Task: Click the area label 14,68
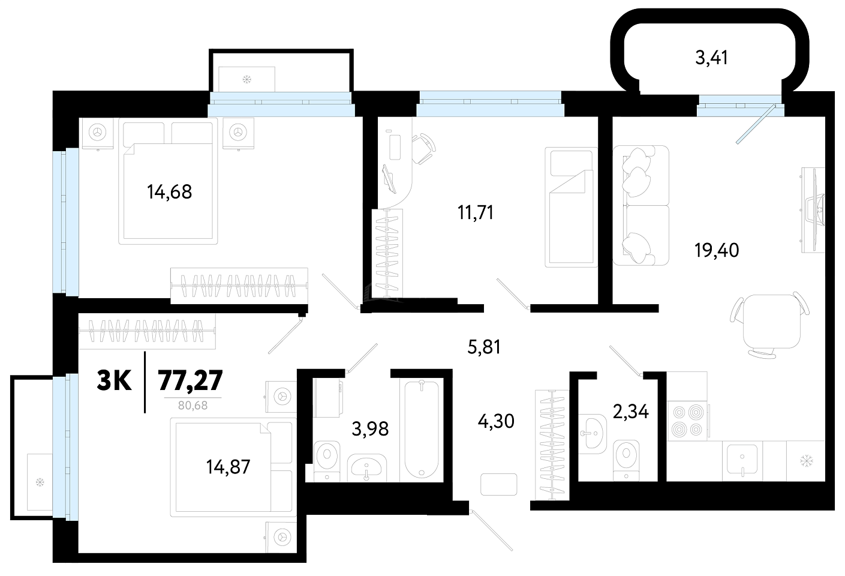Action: pos(169,192)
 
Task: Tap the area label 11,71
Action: pos(476,212)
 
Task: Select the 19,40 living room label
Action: pos(717,250)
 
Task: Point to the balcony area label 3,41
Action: pos(711,58)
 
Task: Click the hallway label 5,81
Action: pos(484,347)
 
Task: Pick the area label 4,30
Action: pos(496,421)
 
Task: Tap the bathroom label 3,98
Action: pos(370,429)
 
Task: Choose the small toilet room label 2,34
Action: pos(631,412)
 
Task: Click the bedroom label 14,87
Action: pos(228,467)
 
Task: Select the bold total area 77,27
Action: pos(191,380)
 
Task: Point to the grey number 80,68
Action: pos(193,406)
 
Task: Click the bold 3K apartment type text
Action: pos(114,380)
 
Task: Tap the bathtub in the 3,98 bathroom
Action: pos(422,429)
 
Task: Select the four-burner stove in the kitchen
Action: pos(687,421)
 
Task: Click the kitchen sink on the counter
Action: pos(742,459)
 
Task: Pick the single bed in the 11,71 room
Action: pos(571,207)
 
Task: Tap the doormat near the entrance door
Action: pos(499,484)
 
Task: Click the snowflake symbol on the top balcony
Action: pos(247,79)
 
